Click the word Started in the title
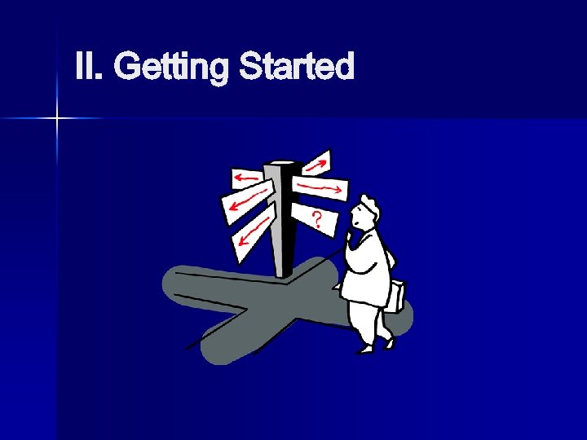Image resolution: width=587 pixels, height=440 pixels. (x=296, y=66)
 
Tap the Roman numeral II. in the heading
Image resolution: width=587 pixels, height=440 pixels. (x=89, y=66)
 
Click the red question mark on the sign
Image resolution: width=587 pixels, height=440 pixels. (x=316, y=218)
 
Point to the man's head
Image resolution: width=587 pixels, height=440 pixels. (x=363, y=213)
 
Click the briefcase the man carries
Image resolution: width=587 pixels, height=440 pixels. (x=394, y=296)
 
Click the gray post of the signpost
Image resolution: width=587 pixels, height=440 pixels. (x=282, y=228)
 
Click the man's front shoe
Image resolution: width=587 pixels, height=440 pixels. (x=364, y=348)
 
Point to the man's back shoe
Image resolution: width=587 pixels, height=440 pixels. (x=389, y=341)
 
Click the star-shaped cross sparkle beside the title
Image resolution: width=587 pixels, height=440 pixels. (x=58, y=119)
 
